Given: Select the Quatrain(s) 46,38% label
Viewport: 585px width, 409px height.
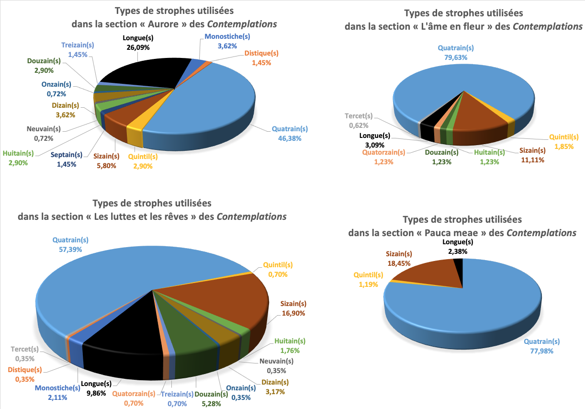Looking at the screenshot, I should [290, 133].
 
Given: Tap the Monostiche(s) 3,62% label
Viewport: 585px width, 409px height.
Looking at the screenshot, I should [227, 41].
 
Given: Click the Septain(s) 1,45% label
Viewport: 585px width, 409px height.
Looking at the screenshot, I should [67, 159].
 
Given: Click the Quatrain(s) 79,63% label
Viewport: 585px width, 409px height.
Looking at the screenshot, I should [456, 52].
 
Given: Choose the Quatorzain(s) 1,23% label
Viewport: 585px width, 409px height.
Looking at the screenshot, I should [384, 157].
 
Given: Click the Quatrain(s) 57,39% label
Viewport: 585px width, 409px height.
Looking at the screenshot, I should [70, 245].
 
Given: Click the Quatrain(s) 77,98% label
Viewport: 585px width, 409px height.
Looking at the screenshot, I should [541, 346].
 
